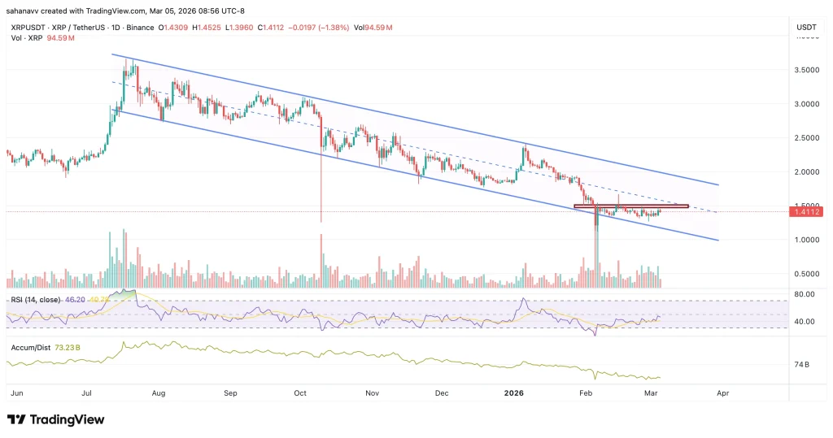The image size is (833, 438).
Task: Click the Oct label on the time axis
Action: [300, 392]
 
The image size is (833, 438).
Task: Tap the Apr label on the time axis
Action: [722, 392]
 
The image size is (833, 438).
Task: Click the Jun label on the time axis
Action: [15, 392]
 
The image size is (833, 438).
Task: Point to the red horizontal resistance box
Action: [631, 206]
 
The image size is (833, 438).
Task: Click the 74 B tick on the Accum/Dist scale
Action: [801, 366]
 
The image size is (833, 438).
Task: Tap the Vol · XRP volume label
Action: [24, 37]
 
